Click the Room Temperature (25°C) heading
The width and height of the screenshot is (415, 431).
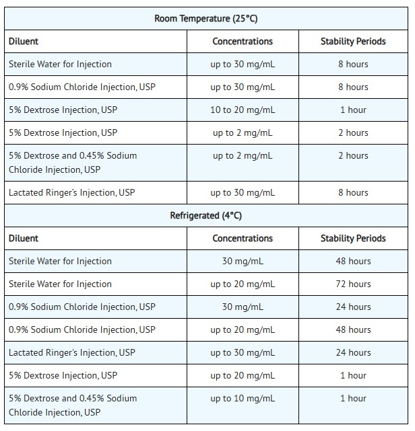(206, 18)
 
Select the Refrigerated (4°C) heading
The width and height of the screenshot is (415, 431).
(206, 215)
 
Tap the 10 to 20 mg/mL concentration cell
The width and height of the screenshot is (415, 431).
(243, 110)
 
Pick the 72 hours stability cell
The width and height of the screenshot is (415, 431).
(353, 284)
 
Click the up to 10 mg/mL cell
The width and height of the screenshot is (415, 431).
(243, 398)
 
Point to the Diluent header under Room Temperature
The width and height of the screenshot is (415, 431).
(24, 41)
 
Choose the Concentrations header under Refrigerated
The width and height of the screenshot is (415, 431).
(243, 238)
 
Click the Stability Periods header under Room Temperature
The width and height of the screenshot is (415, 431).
(353, 41)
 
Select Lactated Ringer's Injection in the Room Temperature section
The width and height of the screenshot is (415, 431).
(72, 192)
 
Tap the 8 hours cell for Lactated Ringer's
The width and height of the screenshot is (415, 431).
(353, 192)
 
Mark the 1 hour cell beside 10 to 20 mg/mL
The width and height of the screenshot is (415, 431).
(353, 110)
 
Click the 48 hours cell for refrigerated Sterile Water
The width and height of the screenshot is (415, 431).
(353, 261)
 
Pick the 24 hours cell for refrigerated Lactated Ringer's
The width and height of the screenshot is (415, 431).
(353, 352)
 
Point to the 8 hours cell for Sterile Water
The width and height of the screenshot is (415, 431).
(353, 64)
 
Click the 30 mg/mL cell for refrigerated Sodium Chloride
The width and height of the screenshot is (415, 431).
(243, 307)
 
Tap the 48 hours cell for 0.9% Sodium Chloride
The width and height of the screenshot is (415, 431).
(353, 329)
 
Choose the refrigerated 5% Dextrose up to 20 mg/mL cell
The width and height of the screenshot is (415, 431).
(243, 375)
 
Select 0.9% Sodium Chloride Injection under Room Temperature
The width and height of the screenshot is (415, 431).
(82, 87)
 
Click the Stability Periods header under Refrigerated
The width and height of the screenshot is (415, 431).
(353, 238)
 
